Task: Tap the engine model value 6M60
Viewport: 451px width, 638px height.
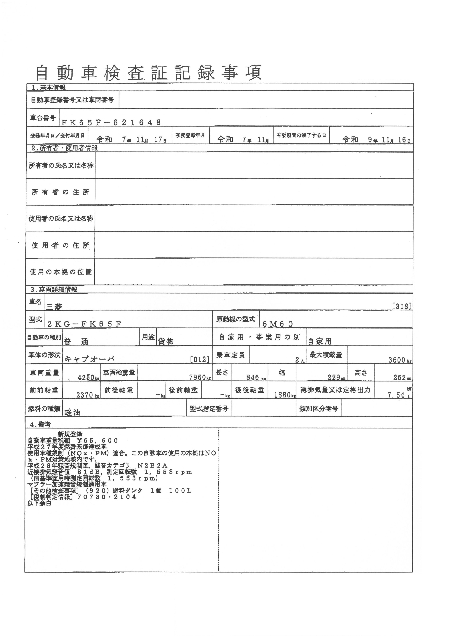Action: [278, 324]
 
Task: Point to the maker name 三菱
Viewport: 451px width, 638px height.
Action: [54, 307]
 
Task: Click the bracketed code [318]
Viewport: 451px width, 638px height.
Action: [401, 306]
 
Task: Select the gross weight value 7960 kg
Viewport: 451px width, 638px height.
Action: [200, 377]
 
